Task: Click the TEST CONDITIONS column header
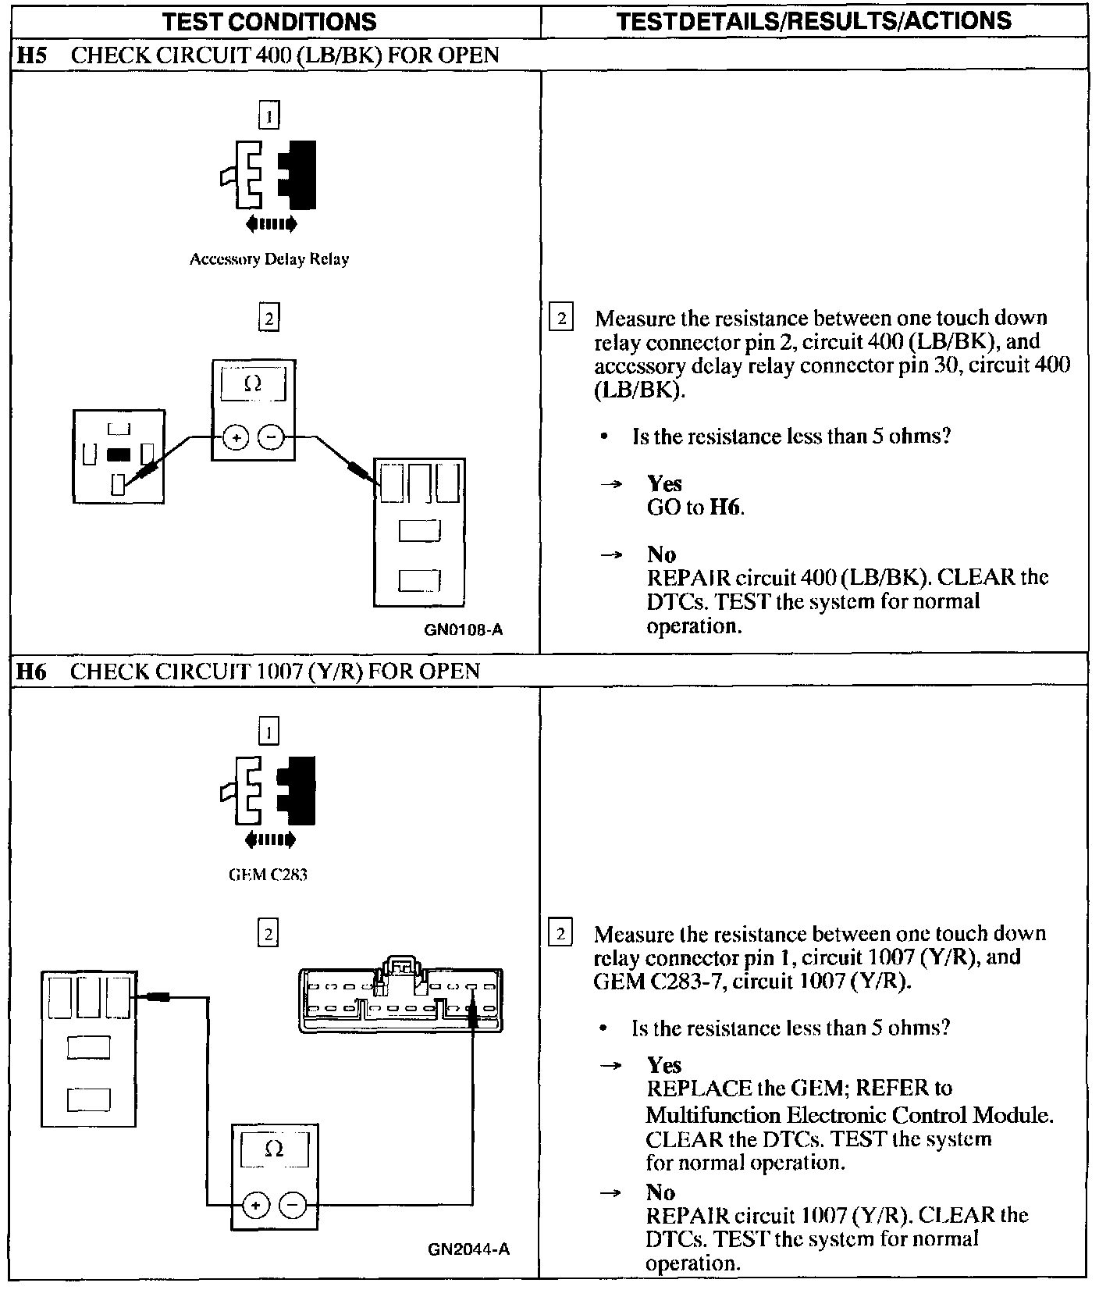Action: coord(269,21)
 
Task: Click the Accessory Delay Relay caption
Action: coord(269,259)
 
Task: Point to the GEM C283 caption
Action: coord(268,875)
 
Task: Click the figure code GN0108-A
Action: coord(463,629)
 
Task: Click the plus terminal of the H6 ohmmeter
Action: coord(255,1206)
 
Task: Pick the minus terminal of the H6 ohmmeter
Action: coord(292,1206)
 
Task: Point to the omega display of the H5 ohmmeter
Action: coord(252,383)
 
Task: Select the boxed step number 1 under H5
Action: coord(269,116)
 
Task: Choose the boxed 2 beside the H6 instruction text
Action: coord(560,934)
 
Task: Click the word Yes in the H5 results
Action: coord(664,483)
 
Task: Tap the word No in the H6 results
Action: coord(660,1192)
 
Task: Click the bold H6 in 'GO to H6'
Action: coord(725,508)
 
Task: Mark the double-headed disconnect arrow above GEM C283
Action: coord(270,840)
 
